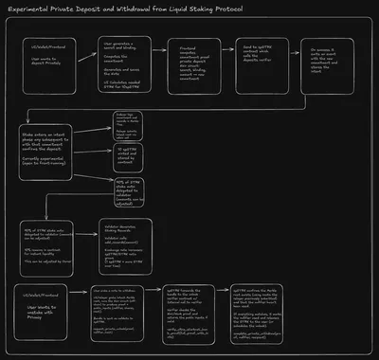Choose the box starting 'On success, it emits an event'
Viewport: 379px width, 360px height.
(x=324, y=68)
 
